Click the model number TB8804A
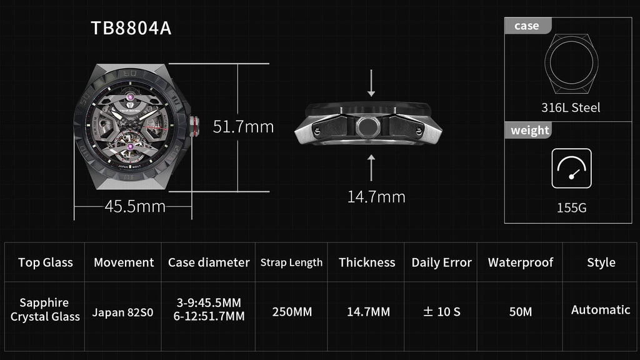point(131,28)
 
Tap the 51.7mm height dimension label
point(243,126)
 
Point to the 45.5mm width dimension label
point(135,206)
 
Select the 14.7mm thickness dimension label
point(376,197)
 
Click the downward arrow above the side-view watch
point(371,83)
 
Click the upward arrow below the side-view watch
point(371,167)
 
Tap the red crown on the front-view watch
point(194,126)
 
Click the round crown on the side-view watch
point(367,126)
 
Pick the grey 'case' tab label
point(527,26)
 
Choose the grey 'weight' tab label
point(530,130)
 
